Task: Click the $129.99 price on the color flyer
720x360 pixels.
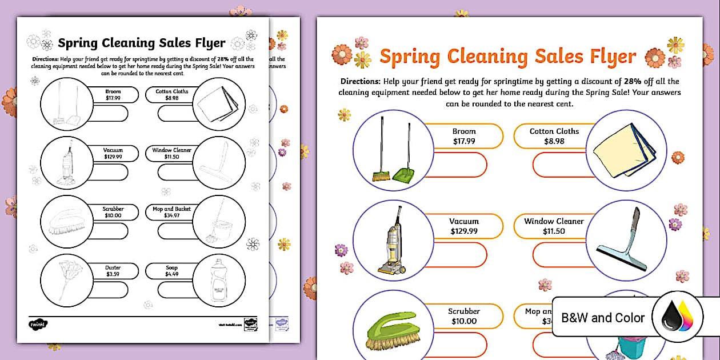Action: [x=463, y=231]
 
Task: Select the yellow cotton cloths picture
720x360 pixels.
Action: [x=625, y=150]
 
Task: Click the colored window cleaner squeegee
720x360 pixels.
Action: [x=624, y=240]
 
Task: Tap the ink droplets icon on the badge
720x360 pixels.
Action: [x=678, y=318]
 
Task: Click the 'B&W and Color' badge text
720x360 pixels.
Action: [x=603, y=318]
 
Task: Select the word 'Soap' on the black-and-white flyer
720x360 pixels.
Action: [x=171, y=267]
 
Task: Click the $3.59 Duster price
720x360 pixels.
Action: [x=113, y=274]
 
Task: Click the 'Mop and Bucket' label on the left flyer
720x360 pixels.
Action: [x=171, y=209]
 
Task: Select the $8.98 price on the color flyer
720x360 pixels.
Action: [x=554, y=141]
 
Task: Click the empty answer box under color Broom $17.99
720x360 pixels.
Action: [x=460, y=165]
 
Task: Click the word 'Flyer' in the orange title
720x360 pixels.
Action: [x=607, y=57]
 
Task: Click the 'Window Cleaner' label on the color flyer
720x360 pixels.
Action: [x=554, y=221]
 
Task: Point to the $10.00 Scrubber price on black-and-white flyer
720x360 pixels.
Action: [x=113, y=215]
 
